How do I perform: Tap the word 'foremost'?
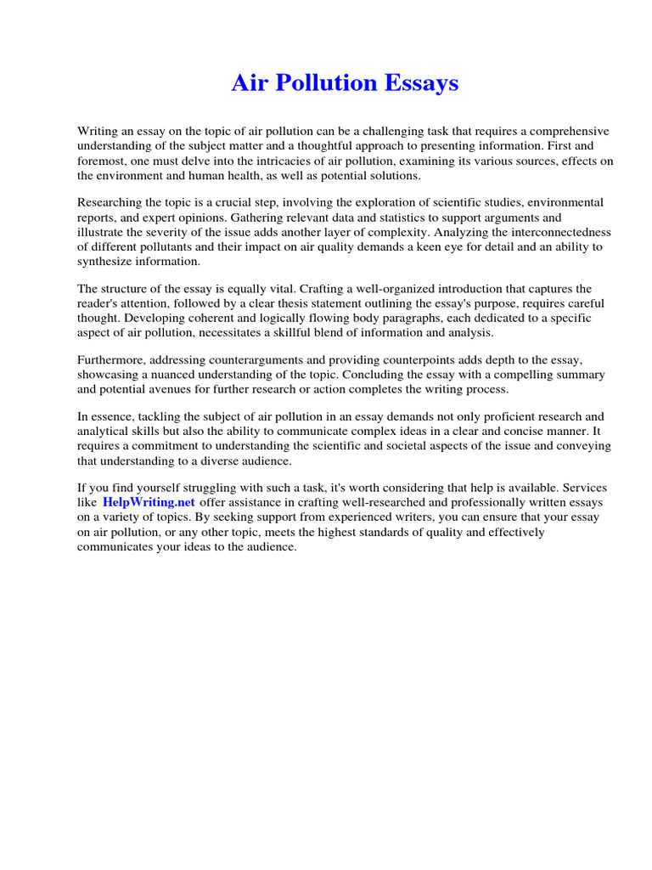[102, 161]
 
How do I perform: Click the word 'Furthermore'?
[112, 360]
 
